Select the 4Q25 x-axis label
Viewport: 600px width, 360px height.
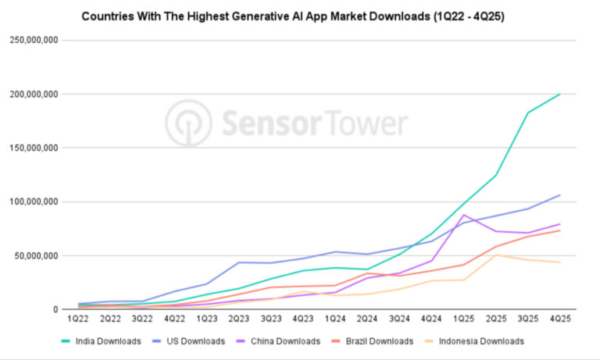pyautogui.click(x=559, y=319)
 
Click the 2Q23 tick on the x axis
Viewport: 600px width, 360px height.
pyautogui.click(x=239, y=319)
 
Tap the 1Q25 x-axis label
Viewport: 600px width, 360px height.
pyautogui.click(x=463, y=319)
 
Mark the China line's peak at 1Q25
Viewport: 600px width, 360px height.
pyautogui.click(x=463, y=215)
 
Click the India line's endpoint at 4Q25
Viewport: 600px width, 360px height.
pyautogui.click(x=559, y=94)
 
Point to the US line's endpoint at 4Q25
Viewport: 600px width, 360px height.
pyautogui.click(x=559, y=195)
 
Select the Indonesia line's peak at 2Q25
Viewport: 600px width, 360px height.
pyautogui.click(x=495, y=255)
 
